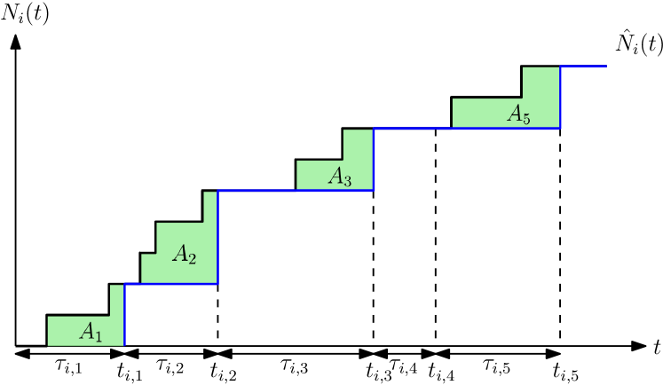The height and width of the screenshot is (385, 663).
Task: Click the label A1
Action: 91,332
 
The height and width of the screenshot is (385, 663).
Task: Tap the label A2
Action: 184,255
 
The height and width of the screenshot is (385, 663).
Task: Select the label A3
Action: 339,177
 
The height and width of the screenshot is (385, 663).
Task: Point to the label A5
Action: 518,114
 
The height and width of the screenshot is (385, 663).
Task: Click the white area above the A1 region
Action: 76,297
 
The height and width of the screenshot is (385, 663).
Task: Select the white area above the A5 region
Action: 485,79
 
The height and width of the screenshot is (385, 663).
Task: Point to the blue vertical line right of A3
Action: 374,160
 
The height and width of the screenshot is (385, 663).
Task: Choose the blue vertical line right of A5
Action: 560,98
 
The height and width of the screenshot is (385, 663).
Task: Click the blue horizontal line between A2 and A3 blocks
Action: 257,190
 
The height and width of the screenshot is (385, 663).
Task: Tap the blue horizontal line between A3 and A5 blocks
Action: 413,129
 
